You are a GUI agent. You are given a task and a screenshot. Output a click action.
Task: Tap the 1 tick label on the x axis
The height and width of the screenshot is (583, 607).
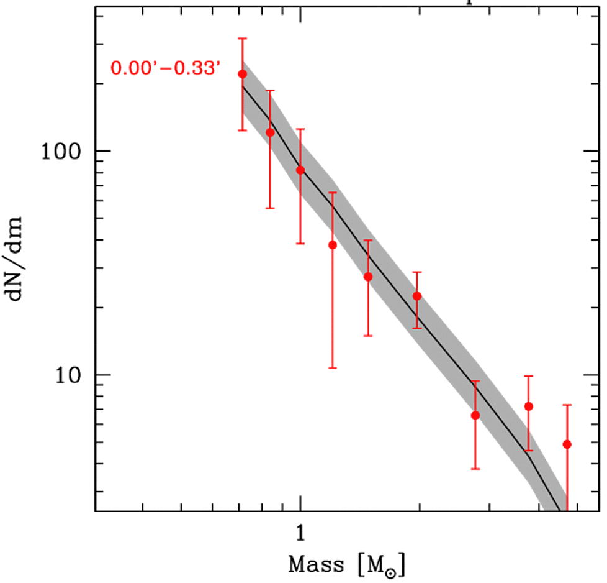pos(300,533)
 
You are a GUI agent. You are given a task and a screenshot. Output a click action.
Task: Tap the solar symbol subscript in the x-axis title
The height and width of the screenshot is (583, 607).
pos(397,570)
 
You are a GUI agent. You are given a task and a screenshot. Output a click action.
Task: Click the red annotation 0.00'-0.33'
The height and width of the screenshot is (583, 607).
pos(166,67)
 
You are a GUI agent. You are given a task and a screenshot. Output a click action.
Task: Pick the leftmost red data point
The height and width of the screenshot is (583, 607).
pos(243,74)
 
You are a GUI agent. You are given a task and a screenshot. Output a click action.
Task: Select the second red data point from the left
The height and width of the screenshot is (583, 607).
pos(270,132)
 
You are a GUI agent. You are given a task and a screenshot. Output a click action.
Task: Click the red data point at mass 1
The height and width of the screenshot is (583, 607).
pos(300,170)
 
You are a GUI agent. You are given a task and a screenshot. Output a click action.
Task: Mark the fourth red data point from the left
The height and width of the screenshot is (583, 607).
pos(332,245)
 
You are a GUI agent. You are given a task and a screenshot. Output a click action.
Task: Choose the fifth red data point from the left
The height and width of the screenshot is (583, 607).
pos(368,277)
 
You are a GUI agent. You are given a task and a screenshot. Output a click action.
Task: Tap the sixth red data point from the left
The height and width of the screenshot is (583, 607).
pos(417,296)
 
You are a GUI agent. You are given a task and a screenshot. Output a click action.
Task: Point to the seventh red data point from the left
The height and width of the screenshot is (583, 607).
pos(475,415)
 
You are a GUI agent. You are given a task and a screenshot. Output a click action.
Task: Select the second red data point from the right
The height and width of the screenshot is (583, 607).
pos(529,406)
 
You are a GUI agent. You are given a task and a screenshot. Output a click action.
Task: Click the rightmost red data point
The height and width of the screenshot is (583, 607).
pos(566,444)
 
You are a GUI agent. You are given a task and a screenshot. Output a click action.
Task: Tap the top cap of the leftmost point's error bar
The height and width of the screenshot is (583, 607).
pos(243,39)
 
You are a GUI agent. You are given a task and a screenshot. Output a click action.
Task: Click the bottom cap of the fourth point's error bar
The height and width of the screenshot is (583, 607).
pos(332,368)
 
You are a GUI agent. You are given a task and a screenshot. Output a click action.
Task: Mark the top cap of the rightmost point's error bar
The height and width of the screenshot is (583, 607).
pos(566,405)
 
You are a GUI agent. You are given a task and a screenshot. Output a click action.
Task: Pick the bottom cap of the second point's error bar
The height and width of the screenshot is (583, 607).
pos(270,208)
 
